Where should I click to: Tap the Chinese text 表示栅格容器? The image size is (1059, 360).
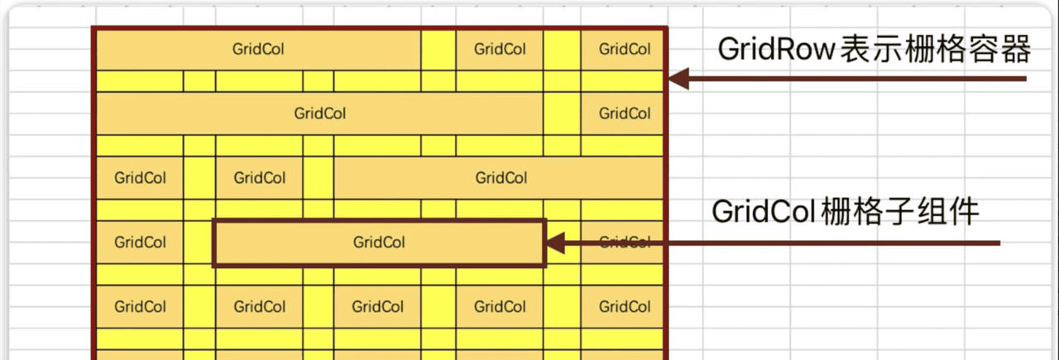pyautogui.click(x=935, y=50)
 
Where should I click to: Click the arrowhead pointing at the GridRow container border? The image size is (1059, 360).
pyautogui.click(x=678, y=79)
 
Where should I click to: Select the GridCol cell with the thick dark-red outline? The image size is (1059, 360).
pyautogui.click(x=379, y=242)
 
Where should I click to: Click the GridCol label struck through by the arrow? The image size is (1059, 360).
pyautogui.click(x=625, y=242)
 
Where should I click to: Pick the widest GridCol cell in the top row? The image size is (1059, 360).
pyautogui.click(x=258, y=49)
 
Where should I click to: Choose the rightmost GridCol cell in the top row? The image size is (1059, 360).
pyautogui.click(x=625, y=49)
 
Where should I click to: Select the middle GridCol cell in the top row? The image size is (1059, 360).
pyautogui.click(x=500, y=49)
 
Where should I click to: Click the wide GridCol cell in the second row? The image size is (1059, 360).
pyautogui.click(x=319, y=113)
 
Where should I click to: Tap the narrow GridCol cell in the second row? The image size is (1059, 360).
pyautogui.click(x=625, y=113)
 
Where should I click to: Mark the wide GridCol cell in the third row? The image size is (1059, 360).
pyautogui.click(x=501, y=178)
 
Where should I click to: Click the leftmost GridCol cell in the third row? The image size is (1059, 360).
pyautogui.click(x=140, y=178)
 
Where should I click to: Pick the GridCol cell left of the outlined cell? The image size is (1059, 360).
pyautogui.click(x=140, y=242)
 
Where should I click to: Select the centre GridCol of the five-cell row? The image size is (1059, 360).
pyautogui.click(x=378, y=307)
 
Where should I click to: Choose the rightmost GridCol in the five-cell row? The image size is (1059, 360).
pyautogui.click(x=625, y=307)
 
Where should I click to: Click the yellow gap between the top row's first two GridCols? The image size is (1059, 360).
pyautogui.click(x=438, y=49)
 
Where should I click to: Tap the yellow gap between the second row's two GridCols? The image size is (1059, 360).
pyautogui.click(x=562, y=113)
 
